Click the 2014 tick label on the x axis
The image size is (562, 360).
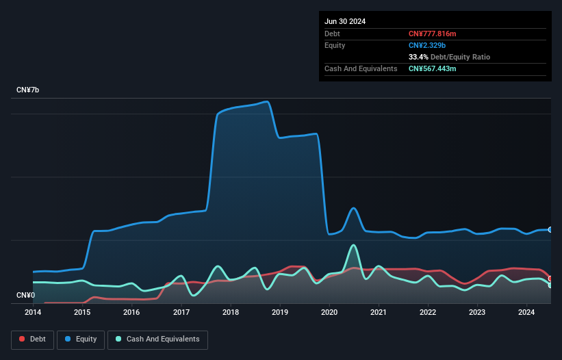coord(33,312)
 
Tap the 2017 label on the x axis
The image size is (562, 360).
coord(181,312)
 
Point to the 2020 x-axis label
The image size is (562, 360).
coord(329,312)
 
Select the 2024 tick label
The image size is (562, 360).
coord(526,312)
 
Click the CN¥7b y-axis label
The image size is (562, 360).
coord(27,90)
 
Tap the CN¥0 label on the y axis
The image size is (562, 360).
coord(26,295)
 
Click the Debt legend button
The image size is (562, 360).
coord(33,339)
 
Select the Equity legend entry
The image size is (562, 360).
coord(81,339)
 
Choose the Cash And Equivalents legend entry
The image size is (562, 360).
coord(157,339)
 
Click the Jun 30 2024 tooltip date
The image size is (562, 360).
coord(345,21)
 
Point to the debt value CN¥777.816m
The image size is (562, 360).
coord(432,34)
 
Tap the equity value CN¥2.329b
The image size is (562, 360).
coord(427,45)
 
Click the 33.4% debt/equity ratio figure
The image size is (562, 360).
coord(418,57)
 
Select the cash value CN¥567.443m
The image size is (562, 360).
coord(432,68)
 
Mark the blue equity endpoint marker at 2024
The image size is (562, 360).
coord(550,229)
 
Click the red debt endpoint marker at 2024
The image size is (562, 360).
coord(550,279)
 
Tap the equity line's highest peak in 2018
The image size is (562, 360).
coord(267,102)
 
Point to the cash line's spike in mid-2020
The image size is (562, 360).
coord(354,246)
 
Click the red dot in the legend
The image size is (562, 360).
coord(22,339)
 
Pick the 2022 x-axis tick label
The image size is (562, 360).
coord(428,312)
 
